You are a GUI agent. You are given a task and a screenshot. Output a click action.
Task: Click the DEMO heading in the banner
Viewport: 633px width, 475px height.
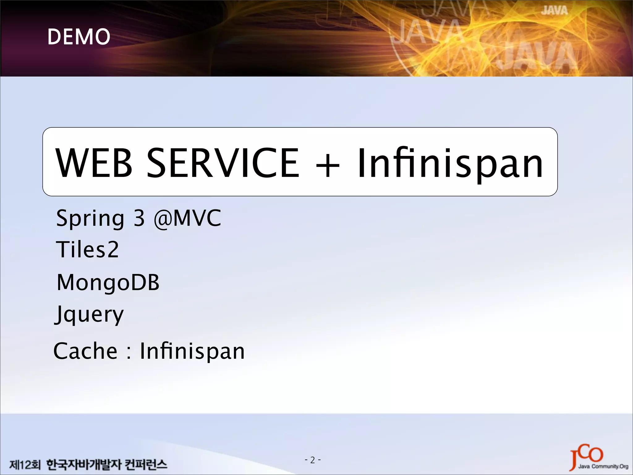(79, 36)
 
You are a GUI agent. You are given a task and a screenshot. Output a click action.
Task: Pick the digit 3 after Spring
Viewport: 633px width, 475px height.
(139, 218)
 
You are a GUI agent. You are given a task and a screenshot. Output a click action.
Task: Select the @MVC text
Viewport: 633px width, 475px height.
(188, 218)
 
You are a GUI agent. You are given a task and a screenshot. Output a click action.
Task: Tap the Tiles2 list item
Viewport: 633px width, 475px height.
(87, 250)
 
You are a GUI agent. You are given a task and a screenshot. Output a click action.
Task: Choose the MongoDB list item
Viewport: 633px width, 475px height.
(108, 283)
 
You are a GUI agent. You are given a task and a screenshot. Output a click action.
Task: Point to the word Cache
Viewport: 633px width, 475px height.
(85, 351)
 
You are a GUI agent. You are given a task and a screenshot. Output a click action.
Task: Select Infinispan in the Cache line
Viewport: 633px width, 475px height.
(192, 352)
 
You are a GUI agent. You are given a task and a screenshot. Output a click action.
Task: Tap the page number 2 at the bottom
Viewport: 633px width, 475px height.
(312, 460)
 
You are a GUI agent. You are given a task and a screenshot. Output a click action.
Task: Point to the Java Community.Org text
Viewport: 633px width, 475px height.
(603, 466)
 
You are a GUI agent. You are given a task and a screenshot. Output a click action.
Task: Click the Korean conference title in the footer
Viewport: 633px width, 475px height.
(107, 464)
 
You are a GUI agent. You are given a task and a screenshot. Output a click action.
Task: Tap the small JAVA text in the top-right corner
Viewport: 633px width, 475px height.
(554, 11)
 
